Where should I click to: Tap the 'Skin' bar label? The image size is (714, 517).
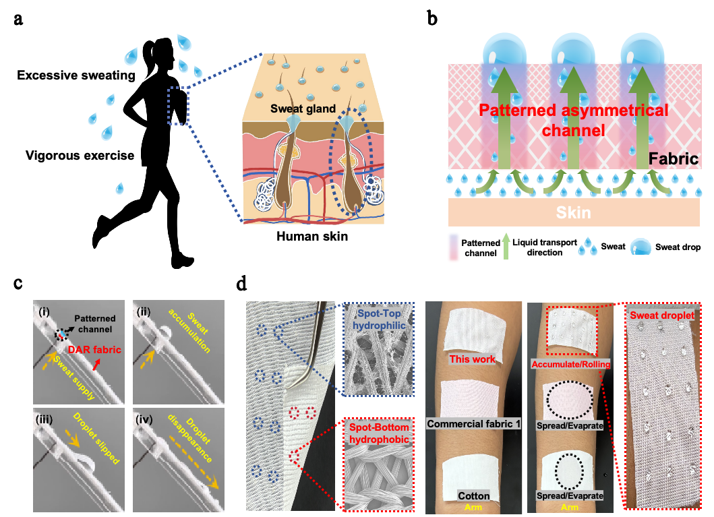click(573, 213)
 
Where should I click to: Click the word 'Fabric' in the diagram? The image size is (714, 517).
click(674, 160)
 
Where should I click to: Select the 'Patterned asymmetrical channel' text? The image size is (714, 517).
click(573, 119)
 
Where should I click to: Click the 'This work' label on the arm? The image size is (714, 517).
click(473, 359)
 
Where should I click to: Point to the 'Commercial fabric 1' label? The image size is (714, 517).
click(473, 423)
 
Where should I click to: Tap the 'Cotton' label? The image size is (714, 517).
click(473, 496)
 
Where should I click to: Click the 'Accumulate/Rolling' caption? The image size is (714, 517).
click(571, 365)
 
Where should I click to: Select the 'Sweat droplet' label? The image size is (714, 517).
click(664, 315)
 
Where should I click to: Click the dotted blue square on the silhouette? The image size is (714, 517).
click(178, 106)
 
